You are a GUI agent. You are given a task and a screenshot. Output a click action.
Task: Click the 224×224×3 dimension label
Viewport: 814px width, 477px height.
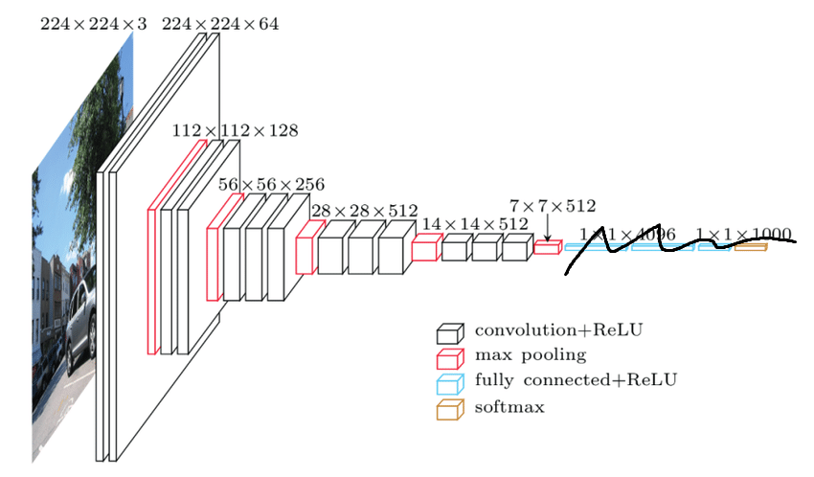93,24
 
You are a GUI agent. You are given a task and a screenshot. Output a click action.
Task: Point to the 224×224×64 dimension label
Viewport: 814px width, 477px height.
220,24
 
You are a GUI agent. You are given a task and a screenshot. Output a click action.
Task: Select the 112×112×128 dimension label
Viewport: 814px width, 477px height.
235,129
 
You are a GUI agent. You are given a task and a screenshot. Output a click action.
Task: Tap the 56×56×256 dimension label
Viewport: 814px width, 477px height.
271,184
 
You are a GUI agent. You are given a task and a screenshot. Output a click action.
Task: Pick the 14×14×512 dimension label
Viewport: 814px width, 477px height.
475,223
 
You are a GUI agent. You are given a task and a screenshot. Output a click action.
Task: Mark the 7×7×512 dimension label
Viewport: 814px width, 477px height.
553,205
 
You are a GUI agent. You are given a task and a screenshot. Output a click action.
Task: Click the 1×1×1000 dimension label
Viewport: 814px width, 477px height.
743,234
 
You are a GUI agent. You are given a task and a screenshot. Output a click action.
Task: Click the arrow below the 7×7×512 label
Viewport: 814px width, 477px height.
547,228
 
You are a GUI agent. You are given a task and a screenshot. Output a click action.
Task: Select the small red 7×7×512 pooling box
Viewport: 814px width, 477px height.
547,247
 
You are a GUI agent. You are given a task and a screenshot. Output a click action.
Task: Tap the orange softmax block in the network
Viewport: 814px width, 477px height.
751,247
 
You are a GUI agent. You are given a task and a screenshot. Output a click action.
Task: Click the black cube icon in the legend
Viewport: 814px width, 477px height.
449,332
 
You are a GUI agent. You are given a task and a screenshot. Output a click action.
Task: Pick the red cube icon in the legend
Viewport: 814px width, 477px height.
449,358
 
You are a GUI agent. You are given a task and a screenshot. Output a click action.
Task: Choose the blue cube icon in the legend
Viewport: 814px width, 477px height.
449,384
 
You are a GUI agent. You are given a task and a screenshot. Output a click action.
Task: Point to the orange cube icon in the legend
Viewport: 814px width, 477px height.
449,410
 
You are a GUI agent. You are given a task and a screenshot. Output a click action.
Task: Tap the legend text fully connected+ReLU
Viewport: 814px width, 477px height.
576,381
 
